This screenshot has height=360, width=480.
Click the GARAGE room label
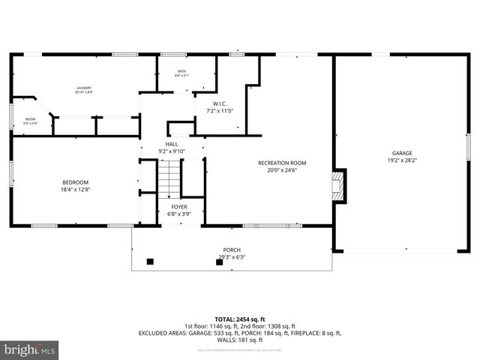click(402, 152)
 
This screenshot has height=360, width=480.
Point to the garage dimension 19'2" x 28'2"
click(402, 160)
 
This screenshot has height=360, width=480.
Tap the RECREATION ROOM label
click(282, 163)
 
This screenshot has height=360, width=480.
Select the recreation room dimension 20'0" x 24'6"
click(282, 170)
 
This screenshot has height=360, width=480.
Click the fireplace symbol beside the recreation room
click(338, 185)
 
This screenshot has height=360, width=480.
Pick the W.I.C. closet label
click(220, 103)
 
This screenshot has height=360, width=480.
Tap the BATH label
click(181, 70)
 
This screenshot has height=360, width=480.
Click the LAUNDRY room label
click(83, 88)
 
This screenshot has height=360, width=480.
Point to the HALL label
click(172, 144)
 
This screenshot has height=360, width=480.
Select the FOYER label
click(178, 206)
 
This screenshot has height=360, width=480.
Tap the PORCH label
click(232, 250)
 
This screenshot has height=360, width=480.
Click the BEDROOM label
click(75, 182)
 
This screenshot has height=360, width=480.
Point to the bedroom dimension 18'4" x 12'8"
click(75, 190)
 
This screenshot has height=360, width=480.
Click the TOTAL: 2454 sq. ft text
click(240, 319)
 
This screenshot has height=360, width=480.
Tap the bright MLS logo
click(30, 349)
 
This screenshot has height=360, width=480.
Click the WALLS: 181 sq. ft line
click(240, 340)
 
